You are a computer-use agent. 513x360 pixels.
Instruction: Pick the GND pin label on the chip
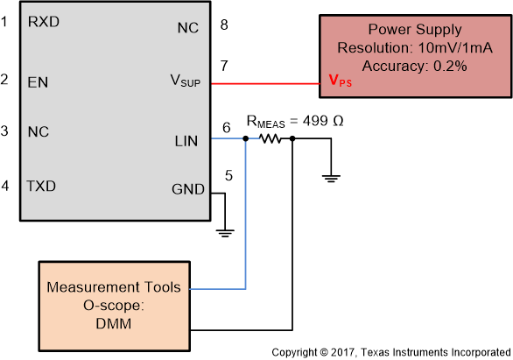click(x=187, y=189)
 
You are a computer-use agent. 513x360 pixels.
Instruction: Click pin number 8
click(x=225, y=25)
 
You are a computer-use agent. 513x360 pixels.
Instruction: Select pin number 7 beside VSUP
click(x=225, y=67)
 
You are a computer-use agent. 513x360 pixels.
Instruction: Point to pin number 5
click(x=228, y=175)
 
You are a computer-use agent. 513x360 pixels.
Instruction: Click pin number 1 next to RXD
click(x=6, y=21)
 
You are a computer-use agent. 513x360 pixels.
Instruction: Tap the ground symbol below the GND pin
click(x=226, y=232)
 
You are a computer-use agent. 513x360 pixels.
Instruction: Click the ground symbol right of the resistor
click(x=332, y=178)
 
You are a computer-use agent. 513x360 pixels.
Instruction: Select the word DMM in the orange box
click(x=113, y=321)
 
